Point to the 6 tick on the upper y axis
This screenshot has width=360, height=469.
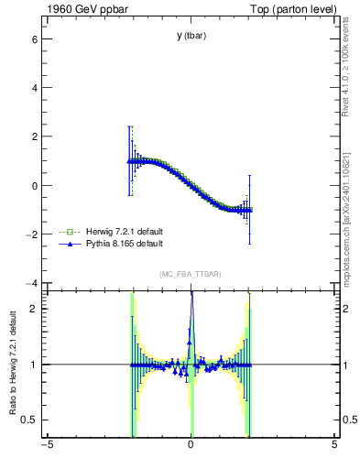35,40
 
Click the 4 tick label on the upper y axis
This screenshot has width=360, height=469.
35,89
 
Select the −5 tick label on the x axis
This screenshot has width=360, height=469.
46,446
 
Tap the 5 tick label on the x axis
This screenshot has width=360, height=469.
334,446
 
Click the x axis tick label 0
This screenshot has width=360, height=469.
191,446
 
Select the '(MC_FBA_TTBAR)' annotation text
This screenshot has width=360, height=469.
191,275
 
